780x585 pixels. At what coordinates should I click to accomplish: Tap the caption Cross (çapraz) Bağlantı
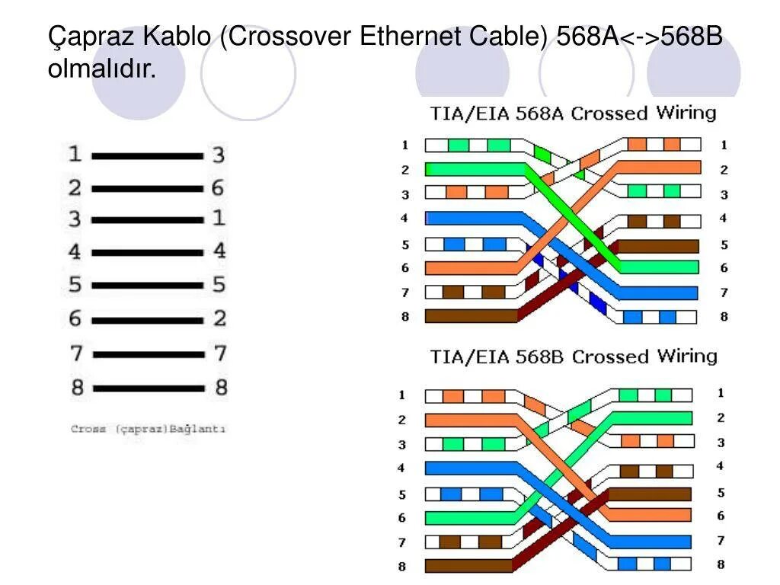pyautogui.click(x=149, y=429)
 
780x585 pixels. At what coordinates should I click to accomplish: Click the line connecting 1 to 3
pyautogui.click(x=148, y=155)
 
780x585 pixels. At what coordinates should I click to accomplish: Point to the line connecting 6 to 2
pyautogui.click(x=148, y=318)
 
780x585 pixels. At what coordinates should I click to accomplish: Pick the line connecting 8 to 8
pyautogui.click(x=148, y=388)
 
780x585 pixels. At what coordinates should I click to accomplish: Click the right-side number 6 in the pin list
pyautogui.click(x=218, y=187)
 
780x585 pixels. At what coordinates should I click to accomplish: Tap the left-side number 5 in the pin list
pyautogui.click(x=75, y=285)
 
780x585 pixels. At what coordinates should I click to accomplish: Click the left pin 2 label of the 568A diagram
pyautogui.click(x=404, y=169)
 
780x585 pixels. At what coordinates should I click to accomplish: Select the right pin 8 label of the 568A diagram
pyautogui.click(x=724, y=317)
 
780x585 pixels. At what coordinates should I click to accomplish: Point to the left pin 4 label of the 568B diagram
pyautogui.click(x=402, y=468)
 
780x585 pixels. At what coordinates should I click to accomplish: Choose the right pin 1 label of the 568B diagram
pyautogui.click(x=721, y=393)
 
